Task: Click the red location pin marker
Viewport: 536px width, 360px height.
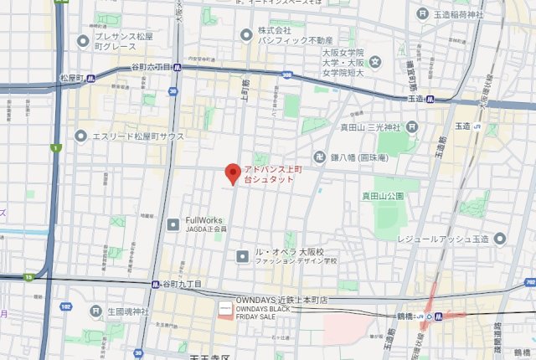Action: [x=233, y=174]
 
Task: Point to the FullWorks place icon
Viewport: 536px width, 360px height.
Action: [x=173, y=224]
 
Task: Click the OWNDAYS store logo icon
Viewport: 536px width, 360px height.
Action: [x=224, y=309]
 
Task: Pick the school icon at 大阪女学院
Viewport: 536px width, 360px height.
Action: [x=376, y=61]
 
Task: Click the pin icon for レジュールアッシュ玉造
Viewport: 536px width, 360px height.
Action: [x=500, y=239]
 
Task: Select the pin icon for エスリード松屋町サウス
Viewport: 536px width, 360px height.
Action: [x=81, y=135]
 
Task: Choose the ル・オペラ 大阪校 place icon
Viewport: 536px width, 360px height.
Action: [x=242, y=256]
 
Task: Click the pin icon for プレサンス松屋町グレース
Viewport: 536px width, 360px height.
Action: [x=81, y=40]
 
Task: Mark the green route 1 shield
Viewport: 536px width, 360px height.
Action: [x=56, y=148]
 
